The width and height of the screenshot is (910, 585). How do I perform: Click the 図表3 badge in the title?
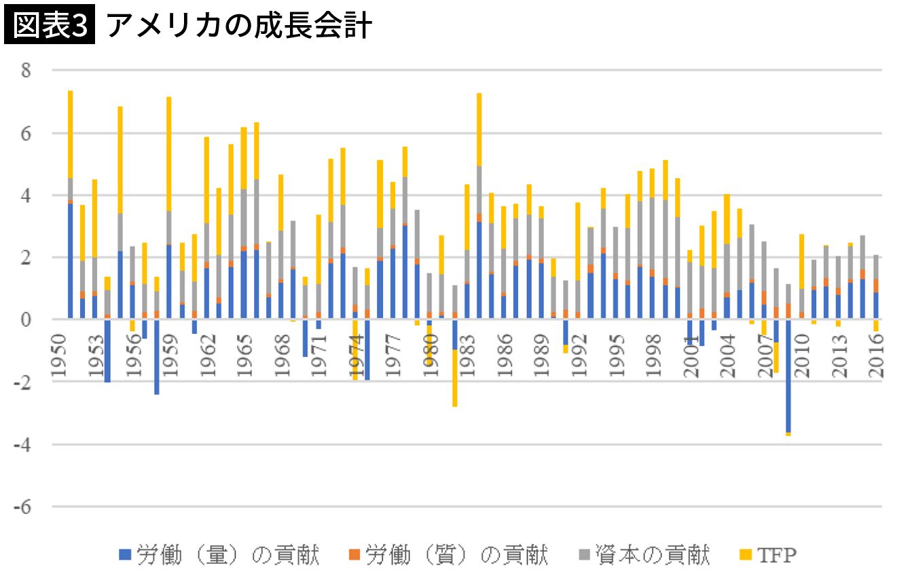click(x=50, y=26)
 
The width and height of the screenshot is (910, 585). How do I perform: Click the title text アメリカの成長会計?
click(x=238, y=26)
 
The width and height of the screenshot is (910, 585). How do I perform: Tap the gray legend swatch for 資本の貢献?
click(x=584, y=555)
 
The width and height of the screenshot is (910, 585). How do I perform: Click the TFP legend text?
click(x=776, y=555)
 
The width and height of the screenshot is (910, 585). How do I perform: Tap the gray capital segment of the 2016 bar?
click(x=876, y=267)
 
